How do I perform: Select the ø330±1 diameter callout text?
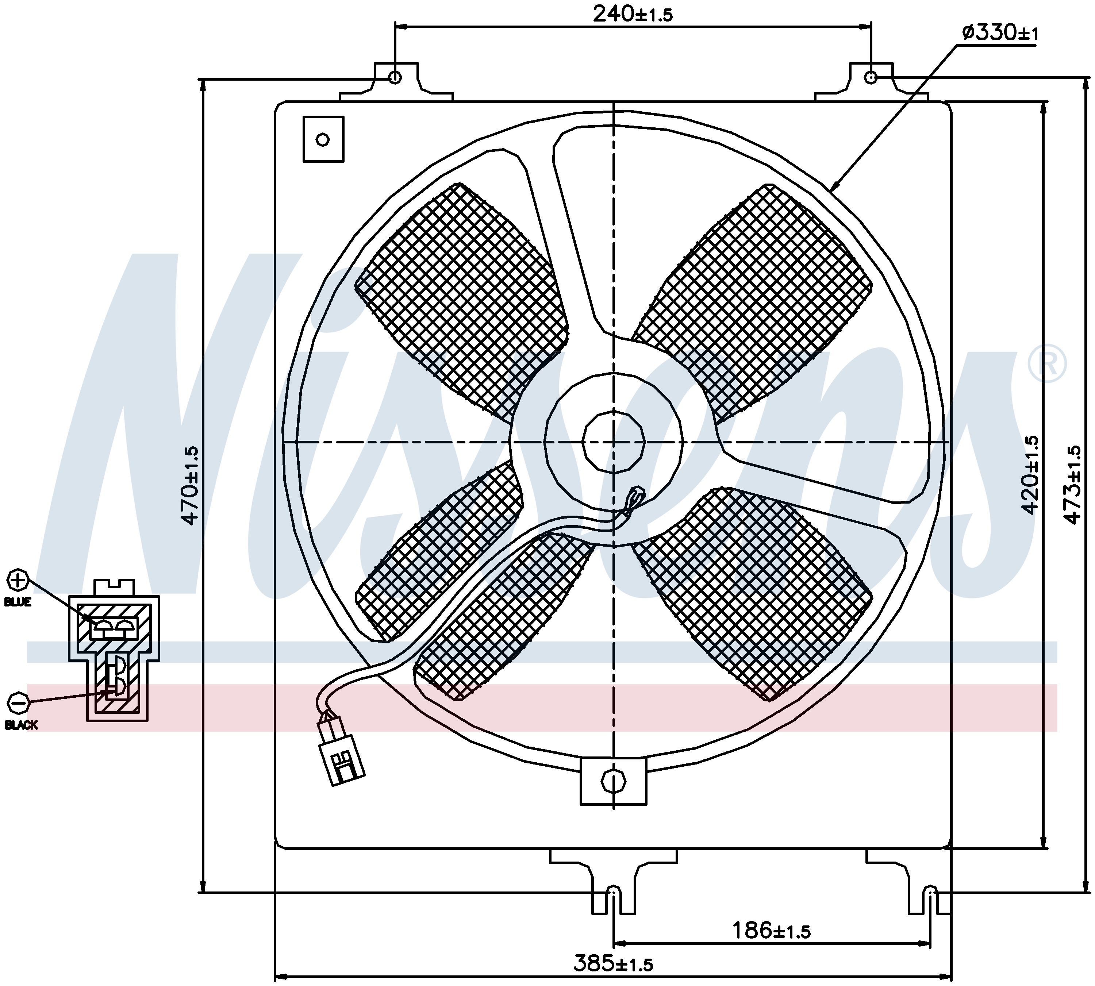pyautogui.click(x=1000, y=33)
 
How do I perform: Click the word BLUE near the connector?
pyautogui.click(x=18, y=602)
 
